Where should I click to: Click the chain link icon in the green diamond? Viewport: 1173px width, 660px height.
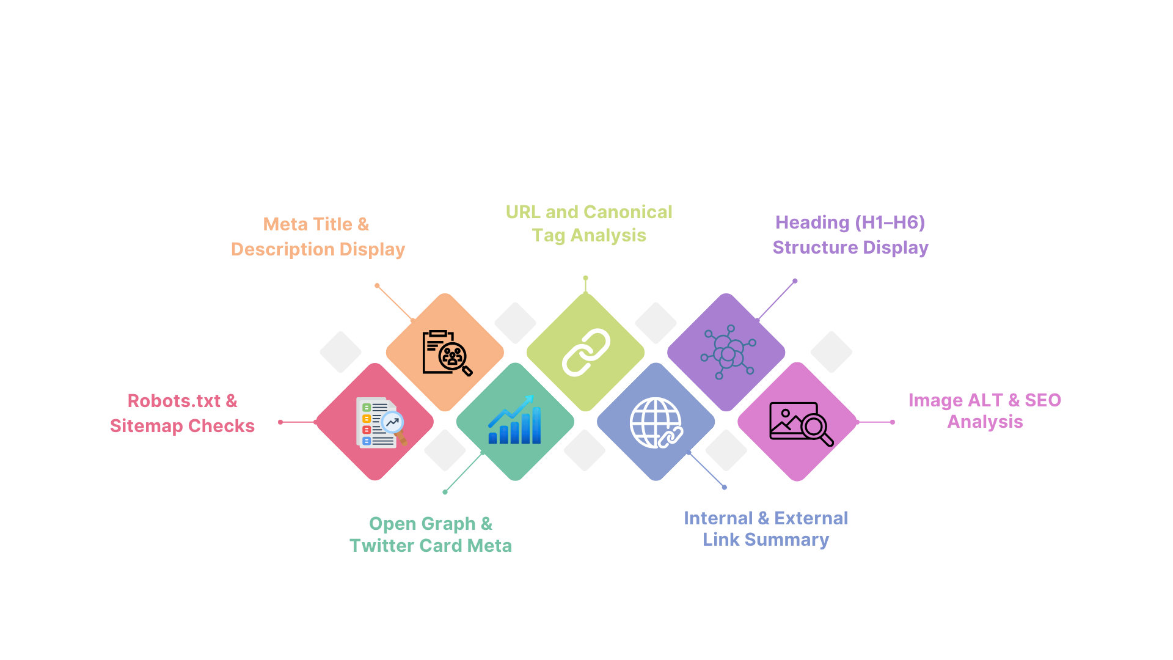coord(586,352)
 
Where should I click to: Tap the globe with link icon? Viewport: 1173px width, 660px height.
coord(656,422)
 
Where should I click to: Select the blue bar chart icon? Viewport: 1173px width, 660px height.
coord(514,420)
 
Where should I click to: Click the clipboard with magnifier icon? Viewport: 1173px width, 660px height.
coord(447,353)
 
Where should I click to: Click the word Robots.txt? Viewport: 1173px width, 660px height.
coord(174,401)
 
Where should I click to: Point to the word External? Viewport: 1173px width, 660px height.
coord(811,518)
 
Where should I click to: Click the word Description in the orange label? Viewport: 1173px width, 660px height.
coord(282,249)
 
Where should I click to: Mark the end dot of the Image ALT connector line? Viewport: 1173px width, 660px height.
coord(893,422)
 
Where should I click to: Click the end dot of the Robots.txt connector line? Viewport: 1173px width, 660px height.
coord(280,422)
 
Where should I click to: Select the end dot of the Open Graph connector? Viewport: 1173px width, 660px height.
coord(445,492)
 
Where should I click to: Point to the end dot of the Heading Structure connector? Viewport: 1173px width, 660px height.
coord(795,281)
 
